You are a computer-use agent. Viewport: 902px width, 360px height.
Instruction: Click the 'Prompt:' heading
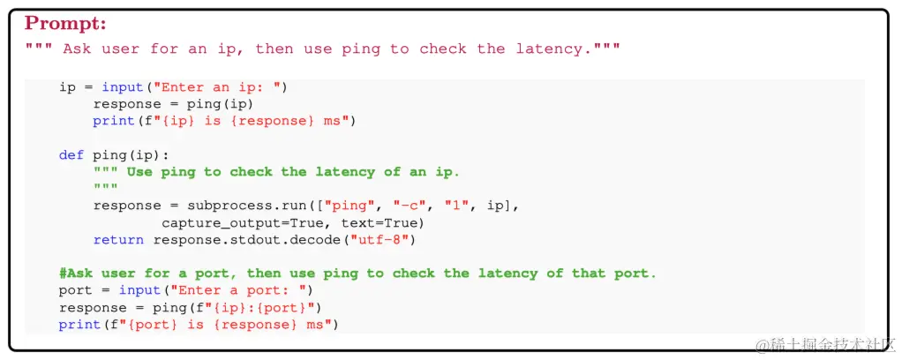coord(65,24)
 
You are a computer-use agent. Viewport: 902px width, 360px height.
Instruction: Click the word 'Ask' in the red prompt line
coord(76,49)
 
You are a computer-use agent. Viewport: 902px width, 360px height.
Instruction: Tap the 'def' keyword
coord(71,154)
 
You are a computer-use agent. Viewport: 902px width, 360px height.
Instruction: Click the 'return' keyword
coord(119,239)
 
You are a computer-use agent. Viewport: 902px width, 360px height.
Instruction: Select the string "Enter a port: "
coord(238,290)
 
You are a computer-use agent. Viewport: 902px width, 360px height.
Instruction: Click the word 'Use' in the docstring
coord(139,171)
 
